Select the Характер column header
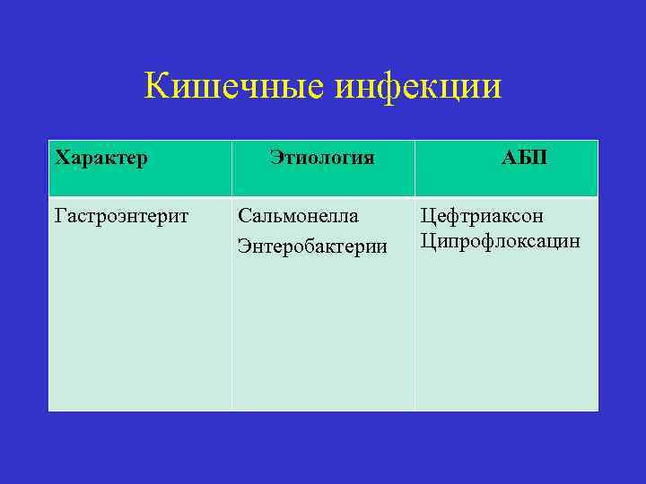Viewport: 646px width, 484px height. [x=101, y=159]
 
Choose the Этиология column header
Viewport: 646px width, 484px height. [x=321, y=159]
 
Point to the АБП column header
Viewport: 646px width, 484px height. [x=525, y=159]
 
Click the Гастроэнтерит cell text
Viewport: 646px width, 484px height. [x=122, y=217]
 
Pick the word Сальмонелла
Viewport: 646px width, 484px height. [x=298, y=217]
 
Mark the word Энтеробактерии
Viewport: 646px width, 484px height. [x=312, y=246]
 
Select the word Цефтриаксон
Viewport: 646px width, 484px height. [x=482, y=217]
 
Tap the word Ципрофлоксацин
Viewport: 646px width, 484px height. [x=500, y=241]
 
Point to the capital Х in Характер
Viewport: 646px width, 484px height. [x=61, y=159]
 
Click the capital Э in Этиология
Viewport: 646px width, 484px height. [x=275, y=159]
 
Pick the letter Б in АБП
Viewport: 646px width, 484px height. [x=525, y=159]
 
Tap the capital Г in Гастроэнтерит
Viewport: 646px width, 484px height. [x=60, y=217]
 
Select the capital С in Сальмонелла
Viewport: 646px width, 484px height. [x=243, y=217]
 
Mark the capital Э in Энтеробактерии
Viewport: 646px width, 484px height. [x=243, y=246]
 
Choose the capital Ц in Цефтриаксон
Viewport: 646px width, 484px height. [x=427, y=217]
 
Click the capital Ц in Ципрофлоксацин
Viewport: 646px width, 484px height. [x=427, y=241]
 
